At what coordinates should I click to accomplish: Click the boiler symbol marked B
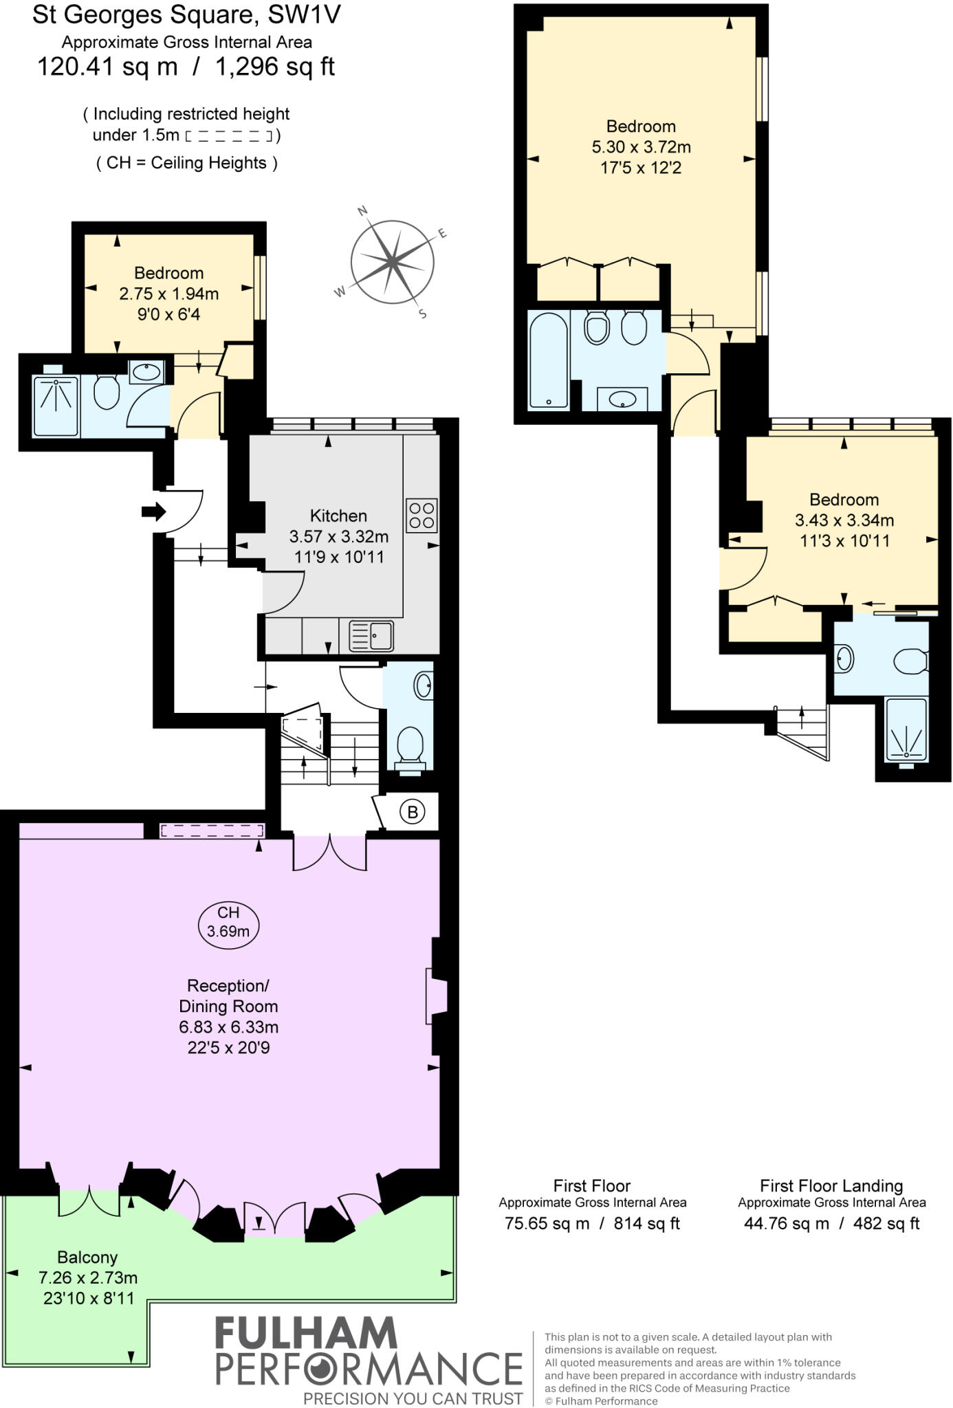click(413, 812)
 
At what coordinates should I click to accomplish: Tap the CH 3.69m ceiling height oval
click(228, 922)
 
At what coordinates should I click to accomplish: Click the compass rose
click(392, 262)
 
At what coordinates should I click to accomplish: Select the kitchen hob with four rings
click(421, 516)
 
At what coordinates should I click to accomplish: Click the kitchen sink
click(372, 636)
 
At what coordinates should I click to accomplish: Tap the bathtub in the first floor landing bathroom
click(548, 361)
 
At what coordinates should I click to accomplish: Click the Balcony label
click(87, 1257)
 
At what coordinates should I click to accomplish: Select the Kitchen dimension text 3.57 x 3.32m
click(338, 536)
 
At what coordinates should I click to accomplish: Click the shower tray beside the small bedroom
click(56, 400)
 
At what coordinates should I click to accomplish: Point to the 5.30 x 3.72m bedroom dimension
click(641, 147)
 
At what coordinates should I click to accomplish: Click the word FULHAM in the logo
click(306, 1334)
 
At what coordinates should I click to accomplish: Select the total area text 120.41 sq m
click(107, 67)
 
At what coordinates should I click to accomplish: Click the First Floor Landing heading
click(831, 1185)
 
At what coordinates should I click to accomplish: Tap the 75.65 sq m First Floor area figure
click(547, 1223)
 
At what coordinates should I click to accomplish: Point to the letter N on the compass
click(363, 211)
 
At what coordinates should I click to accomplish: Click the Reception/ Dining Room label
click(228, 995)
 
